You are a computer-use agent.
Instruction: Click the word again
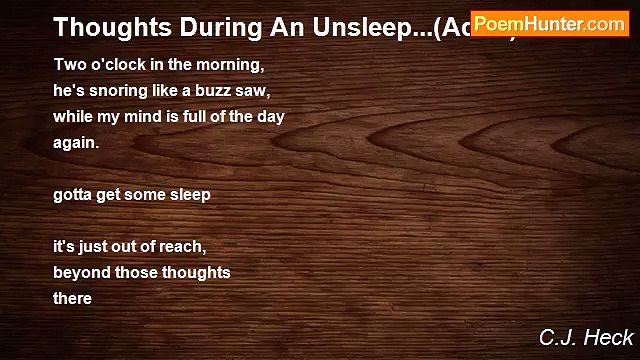click(76, 143)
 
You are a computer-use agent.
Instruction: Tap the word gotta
click(73, 195)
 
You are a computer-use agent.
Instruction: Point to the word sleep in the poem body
click(189, 195)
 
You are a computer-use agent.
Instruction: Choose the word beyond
click(80, 272)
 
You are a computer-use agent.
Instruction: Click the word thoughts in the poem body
click(194, 272)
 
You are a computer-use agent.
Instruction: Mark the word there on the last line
click(72, 298)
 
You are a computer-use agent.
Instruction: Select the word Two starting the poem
click(67, 65)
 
